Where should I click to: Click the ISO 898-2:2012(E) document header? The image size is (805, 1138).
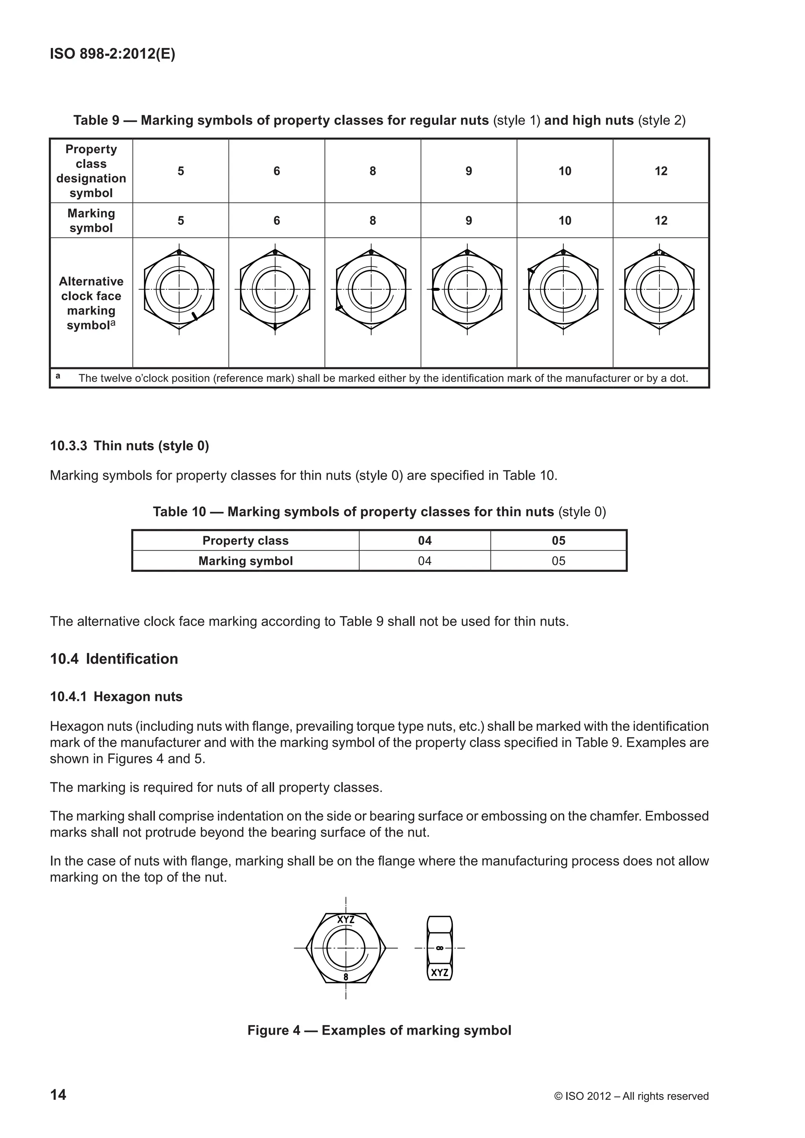(x=112, y=54)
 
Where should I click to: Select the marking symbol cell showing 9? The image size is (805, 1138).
(x=469, y=220)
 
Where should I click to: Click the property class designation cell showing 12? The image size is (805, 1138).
(x=661, y=171)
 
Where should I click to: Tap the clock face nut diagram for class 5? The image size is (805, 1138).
(x=180, y=290)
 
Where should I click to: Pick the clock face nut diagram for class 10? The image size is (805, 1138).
(x=563, y=290)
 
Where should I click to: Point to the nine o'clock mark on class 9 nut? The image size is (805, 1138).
(x=436, y=289)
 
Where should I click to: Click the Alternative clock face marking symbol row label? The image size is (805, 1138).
(x=91, y=303)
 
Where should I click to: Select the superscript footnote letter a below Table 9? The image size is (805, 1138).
(x=58, y=376)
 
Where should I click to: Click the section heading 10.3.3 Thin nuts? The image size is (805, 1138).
(x=129, y=446)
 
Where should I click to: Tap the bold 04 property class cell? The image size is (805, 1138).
(x=425, y=540)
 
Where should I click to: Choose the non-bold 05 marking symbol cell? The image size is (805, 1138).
(x=559, y=561)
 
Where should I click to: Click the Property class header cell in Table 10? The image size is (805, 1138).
(x=245, y=540)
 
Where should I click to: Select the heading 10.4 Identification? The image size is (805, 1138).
(x=114, y=659)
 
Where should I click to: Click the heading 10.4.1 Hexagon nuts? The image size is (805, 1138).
(x=116, y=696)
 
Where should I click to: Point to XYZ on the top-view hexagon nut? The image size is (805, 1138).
(x=346, y=920)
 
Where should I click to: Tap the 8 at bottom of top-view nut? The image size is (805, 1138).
(x=346, y=977)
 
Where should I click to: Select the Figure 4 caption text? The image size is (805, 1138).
(x=379, y=1030)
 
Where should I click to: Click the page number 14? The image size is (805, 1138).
(x=58, y=1094)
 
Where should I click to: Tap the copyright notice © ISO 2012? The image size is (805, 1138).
(x=631, y=1096)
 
